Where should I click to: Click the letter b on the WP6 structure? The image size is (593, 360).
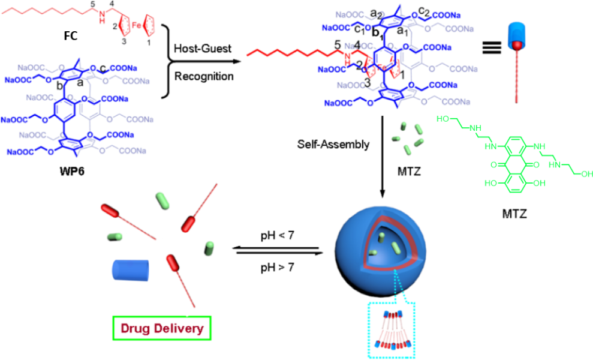coord(60,86)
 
